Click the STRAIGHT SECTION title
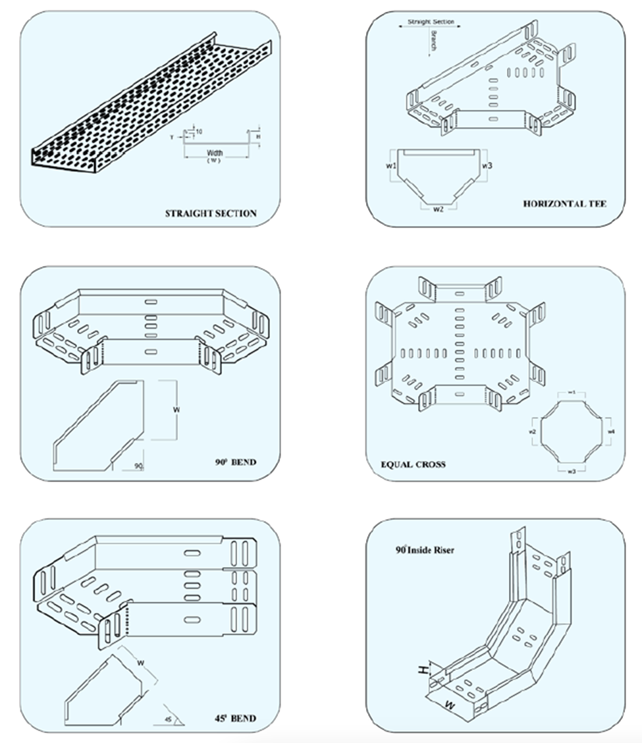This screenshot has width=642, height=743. click(x=211, y=213)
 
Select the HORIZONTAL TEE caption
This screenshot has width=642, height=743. click(x=564, y=204)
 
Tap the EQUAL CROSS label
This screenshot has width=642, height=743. click(x=413, y=464)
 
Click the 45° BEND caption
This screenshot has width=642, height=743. click(x=236, y=718)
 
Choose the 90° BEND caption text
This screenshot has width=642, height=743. click(x=235, y=462)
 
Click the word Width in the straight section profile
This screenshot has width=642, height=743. click(x=215, y=153)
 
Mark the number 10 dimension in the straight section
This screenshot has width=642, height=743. click(x=199, y=132)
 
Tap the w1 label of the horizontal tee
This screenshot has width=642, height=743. click(x=390, y=166)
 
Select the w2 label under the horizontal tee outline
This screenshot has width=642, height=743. click(x=438, y=209)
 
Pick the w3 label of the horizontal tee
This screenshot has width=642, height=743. click(x=487, y=165)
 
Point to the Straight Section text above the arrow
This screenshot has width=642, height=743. click(x=431, y=22)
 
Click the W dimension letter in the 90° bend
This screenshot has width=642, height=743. click(x=176, y=410)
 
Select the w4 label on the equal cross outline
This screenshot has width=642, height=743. click(x=612, y=431)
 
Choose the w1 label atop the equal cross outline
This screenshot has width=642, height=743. click(x=572, y=393)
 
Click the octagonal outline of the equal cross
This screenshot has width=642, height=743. click(x=572, y=431)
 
